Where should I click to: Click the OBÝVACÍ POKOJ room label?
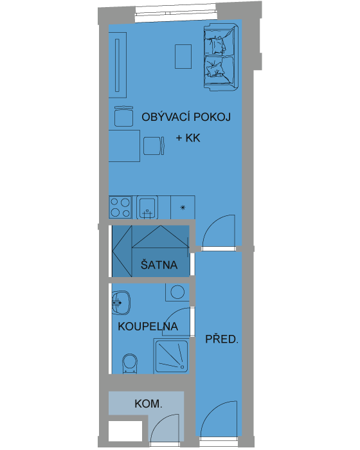pos(186,117)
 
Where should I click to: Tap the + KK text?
pos(188,138)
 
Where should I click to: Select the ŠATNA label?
pos(159,264)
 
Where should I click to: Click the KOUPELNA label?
pos(148,327)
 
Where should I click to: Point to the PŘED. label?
pos(222,339)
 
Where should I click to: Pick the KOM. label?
pos(148,404)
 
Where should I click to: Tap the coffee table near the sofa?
pos(183,57)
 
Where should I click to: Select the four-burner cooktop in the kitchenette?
pos(120,207)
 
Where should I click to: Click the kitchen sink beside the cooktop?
pos(147,207)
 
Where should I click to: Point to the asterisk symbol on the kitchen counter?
pos(183,208)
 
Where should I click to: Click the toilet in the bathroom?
pos(130,364)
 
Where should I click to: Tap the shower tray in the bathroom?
pos(172,356)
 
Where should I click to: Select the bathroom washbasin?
pos(121,303)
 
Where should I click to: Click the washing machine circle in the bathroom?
pos(177,292)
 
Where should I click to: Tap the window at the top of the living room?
pos(175,14)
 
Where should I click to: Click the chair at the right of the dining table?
pos(154,146)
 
